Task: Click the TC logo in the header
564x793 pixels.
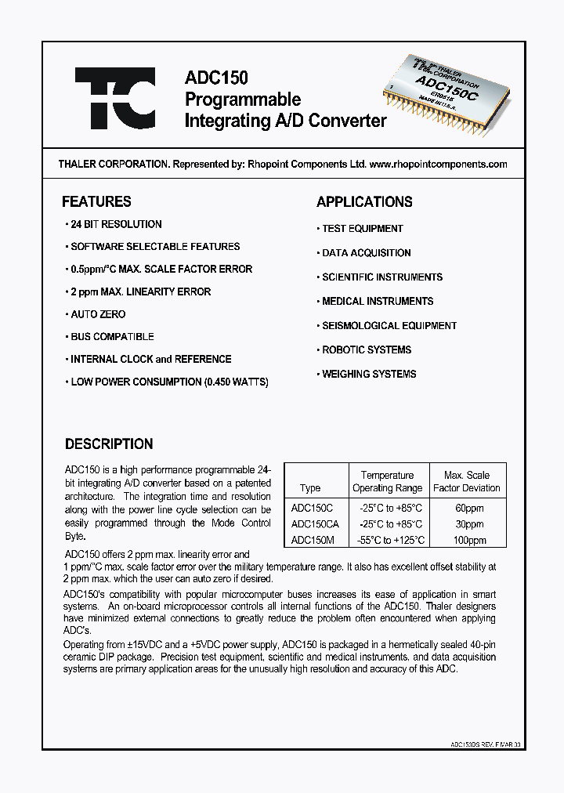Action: (115, 98)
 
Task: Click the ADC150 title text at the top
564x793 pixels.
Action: (216, 78)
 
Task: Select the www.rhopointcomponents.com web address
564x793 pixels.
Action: (437, 165)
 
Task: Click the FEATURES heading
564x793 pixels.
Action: (96, 201)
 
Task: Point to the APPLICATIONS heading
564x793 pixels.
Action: (364, 201)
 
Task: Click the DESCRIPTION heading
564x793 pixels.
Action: (109, 444)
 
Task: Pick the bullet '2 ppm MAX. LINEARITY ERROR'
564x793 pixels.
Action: (140, 291)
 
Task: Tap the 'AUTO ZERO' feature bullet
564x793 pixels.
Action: (98, 314)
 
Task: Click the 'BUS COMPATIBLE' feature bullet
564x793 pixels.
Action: (112, 337)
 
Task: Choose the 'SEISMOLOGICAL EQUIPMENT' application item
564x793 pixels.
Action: (389, 326)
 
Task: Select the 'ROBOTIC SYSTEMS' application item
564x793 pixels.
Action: (367, 350)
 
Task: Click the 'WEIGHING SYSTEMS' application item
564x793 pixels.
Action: (369, 375)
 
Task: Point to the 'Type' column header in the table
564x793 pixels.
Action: (310, 488)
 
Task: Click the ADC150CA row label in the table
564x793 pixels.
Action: (315, 523)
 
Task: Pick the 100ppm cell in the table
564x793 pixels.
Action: (469, 540)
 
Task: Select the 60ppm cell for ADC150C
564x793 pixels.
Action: (469, 507)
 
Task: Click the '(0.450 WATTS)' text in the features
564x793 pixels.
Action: (237, 382)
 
